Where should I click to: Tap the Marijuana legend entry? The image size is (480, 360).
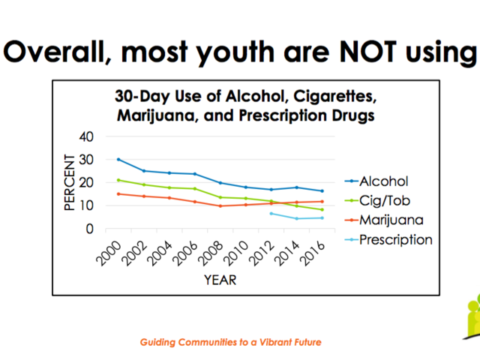391,220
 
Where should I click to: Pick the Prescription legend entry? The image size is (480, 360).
395,240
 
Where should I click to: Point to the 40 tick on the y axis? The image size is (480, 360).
88,136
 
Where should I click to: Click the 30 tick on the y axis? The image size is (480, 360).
88,160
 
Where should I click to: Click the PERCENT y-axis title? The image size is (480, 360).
69,182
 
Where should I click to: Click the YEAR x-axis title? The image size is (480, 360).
220,280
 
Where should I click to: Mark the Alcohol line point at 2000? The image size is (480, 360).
118,159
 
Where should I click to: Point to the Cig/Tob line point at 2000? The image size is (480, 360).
118,180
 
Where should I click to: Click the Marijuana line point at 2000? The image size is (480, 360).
118,193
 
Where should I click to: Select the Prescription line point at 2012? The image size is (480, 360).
271,214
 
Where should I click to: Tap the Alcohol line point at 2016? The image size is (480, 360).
322,191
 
